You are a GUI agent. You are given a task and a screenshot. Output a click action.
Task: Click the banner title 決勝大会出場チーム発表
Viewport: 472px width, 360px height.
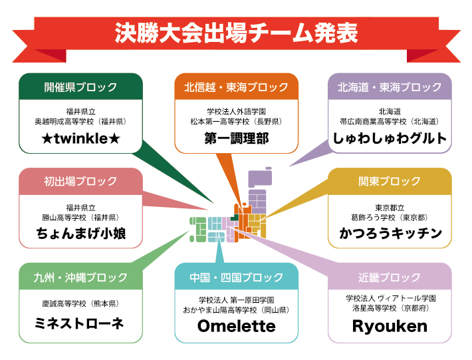pyautogui.click(x=236, y=33)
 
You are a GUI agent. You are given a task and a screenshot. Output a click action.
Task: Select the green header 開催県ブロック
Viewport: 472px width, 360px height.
pyautogui.click(x=80, y=87)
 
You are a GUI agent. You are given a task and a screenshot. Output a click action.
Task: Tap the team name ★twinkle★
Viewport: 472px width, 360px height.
pyautogui.click(x=80, y=138)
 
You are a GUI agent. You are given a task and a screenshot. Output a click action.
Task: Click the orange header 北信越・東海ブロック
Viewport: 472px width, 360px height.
pyautogui.click(x=236, y=87)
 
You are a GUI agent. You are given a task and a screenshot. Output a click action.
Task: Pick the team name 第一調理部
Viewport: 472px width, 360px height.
pyautogui.click(x=236, y=138)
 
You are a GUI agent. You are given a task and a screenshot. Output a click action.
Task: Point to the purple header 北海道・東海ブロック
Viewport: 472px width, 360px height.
pyautogui.click(x=390, y=87)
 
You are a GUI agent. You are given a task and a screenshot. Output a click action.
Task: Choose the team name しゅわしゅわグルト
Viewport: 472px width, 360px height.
pyautogui.click(x=390, y=138)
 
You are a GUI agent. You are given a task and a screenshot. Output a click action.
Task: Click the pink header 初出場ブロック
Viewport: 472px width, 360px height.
pyautogui.click(x=80, y=181)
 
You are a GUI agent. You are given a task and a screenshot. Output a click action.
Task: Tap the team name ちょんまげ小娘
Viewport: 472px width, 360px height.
pyautogui.click(x=80, y=234)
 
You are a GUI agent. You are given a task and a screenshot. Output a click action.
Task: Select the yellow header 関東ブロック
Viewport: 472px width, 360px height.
pyautogui.click(x=390, y=181)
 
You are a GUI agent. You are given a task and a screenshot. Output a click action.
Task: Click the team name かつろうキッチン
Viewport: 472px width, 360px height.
pyautogui.click(x=390, y=234)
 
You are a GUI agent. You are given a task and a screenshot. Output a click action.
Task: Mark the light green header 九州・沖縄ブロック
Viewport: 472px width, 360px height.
pyautogui.click(x=80, y=277)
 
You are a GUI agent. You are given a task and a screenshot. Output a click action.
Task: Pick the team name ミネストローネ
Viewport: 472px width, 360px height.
pyautogui.click(x=80, y=323)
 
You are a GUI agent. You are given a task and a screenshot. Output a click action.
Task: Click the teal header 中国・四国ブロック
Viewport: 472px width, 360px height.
pyautogui.click(x=236, y=277)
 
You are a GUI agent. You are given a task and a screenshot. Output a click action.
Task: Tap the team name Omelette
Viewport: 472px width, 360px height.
pyautogui.click(x=236, y=326)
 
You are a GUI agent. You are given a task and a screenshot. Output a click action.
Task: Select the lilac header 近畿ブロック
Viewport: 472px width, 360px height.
pyautogui.click(x=390, y=277)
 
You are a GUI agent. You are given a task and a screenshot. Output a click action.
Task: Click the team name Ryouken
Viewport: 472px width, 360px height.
pyautogui.click(x=390, y=326)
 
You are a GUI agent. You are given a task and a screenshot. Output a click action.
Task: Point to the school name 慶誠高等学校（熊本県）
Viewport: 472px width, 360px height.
pyautogui.click(x=80, y=303)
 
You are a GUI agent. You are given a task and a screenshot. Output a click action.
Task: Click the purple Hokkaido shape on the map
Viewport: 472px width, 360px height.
pyautogui.click(x=260, y=178)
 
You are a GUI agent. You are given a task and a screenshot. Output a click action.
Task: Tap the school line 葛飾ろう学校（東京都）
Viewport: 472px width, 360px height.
pyautogui.click(x=390, y=217)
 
